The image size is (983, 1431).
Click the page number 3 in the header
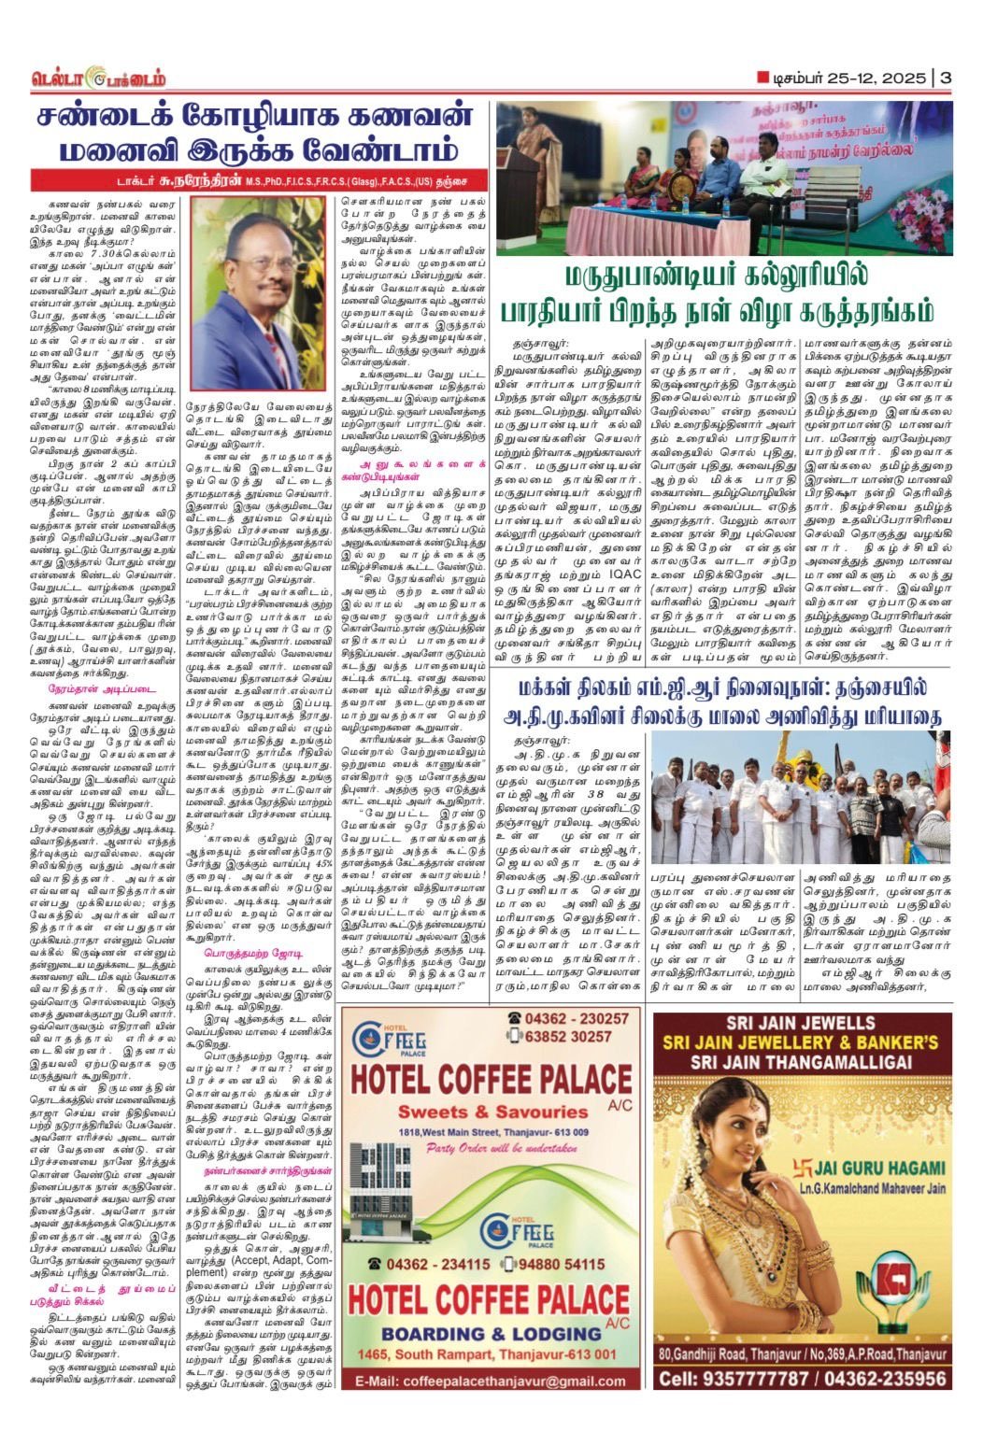(946, 78)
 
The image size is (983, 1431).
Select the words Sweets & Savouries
(492, 1112)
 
